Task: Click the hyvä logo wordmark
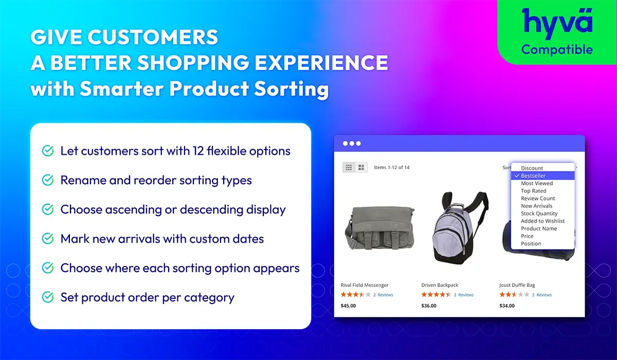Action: click(557, 23)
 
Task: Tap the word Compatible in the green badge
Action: click(557, 50)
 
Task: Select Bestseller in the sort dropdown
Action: click(533, 176)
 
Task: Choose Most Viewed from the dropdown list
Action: click(537, 183)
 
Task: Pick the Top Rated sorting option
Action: click(533, 191)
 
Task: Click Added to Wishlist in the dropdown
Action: click(542, 221)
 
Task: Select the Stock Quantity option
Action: click(539, 213)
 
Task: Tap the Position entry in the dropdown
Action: click(531, 243)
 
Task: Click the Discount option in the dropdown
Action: click(532, 168)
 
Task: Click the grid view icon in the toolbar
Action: click(349, 167)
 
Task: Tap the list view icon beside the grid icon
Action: click(361, 167)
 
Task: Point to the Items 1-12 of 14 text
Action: click(391, 168)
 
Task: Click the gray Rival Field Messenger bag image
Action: click(379, 228)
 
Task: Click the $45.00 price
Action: click(348, 305)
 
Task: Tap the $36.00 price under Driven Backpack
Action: click(429, 305)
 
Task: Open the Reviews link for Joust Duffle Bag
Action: click(544, 295)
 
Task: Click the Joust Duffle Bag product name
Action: click(517, 285)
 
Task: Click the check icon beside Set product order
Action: click(48, 297)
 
